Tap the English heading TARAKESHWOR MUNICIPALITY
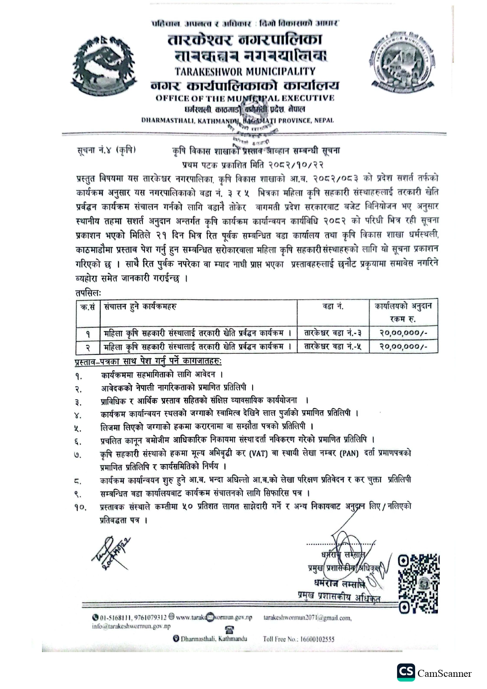click(x=245, y=71)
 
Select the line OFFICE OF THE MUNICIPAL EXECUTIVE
click(x=245, y=98)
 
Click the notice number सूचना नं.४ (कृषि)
click(x=106, y=150)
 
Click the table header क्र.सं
click(x=88, y=307)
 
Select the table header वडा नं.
click(x=333, y=307)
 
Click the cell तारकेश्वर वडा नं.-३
click(x=333, y=333)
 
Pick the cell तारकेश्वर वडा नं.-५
click(x=333, y=347)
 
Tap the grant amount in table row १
click(x=403, y=333)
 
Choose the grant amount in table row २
click(x=403, y=347)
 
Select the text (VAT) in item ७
click(x=258, y=454)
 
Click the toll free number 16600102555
click(x=317, y=639)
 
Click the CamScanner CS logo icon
click(x=406, y=673)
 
